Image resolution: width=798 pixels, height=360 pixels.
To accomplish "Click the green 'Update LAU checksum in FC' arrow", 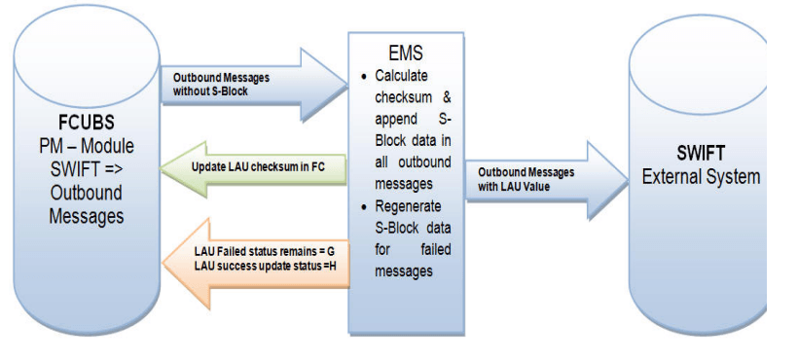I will [x=253, y=167].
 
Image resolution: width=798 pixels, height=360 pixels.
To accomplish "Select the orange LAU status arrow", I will [x=253, y=258].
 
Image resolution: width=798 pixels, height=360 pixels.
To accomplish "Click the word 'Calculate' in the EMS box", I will [x=404, y=77].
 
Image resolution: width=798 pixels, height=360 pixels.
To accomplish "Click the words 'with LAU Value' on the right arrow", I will [x=522, y=186].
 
